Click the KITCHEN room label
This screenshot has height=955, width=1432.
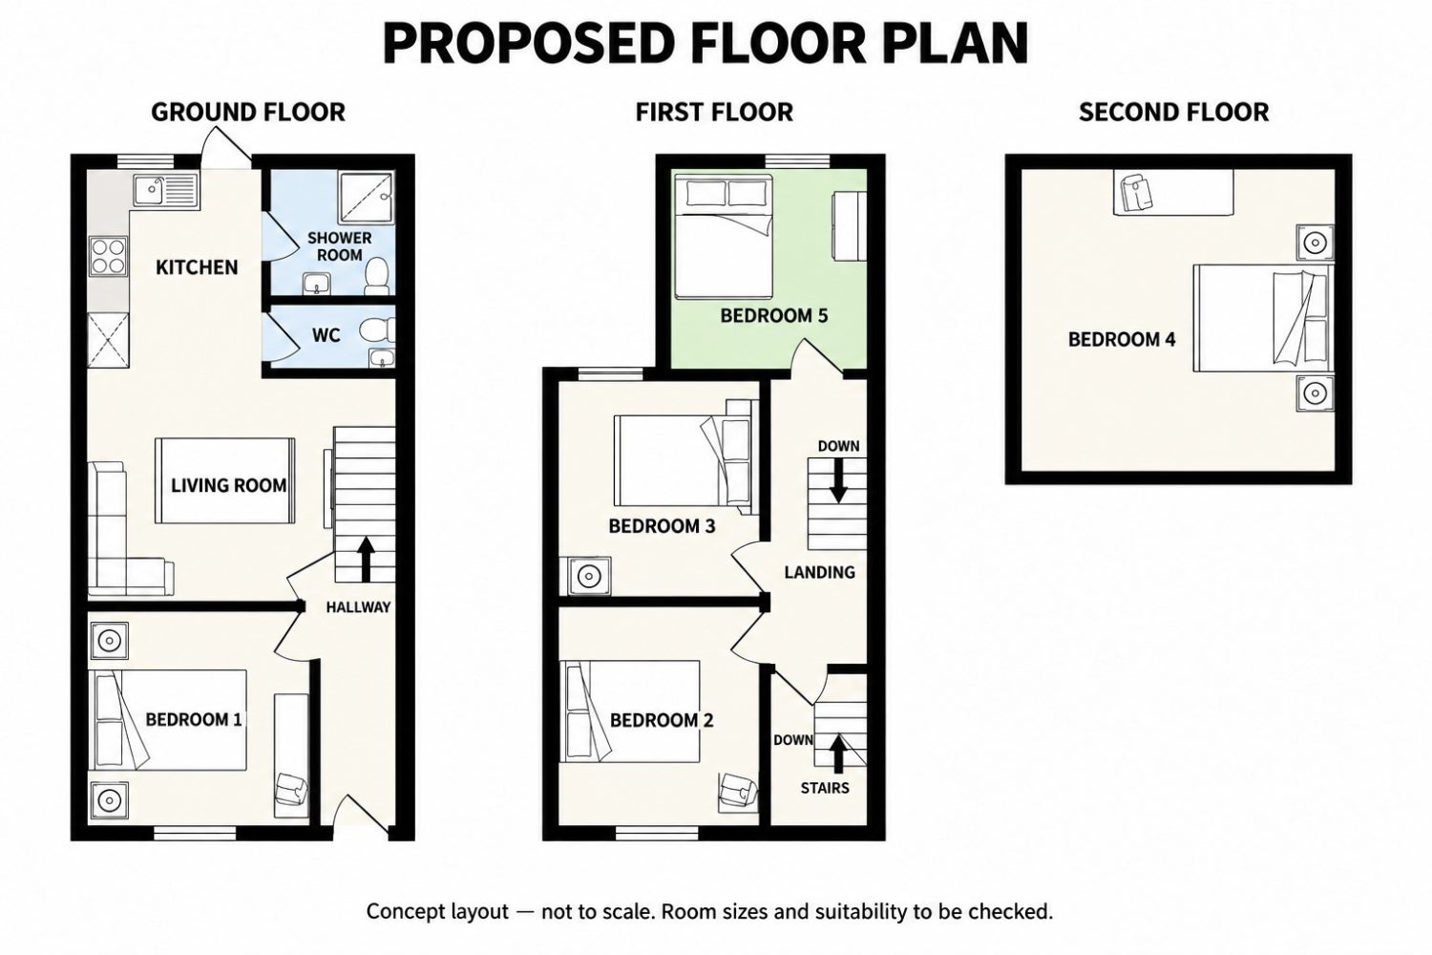tap(197, 267)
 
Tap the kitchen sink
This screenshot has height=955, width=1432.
tap(166, 191)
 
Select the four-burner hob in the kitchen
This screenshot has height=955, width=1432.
tap(109, 256)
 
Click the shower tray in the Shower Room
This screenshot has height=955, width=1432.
tap(366, 198)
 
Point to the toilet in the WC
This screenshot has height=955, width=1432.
tap(377, 330)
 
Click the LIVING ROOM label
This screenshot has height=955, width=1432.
tap(229, 485)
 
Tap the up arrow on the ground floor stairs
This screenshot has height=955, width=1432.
tap(366, 559)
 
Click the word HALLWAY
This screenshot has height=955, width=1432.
tap(358, 607)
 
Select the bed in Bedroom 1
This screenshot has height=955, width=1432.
tap(167, 720)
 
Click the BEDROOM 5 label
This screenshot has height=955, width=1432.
tap(774, 315)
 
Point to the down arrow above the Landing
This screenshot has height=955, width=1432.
tap(838, 479)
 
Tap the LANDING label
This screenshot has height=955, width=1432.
tap(819, 572)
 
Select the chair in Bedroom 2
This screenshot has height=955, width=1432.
tap(738, 793)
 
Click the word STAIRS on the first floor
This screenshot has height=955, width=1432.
tap(825, 788)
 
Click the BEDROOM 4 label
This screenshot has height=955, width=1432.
tap(1122, 339)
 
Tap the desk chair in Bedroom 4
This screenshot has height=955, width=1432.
tap(1135, 193)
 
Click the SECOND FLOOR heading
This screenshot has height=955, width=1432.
tap(1173, 113)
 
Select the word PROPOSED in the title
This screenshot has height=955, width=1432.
tap(529, 44)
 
